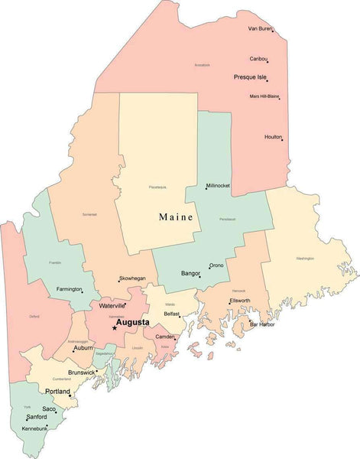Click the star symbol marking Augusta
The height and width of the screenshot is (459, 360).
(115, 328)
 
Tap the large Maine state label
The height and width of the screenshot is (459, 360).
(176, 217)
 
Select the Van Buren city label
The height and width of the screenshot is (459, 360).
(260, 28)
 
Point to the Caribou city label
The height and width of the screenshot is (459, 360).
(258, 58)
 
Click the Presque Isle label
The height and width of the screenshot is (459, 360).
(250, 77)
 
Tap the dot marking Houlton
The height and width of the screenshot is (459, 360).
(282, 139)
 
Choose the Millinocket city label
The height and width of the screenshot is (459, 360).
(222, 186)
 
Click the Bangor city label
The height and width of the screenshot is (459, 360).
(190, 272)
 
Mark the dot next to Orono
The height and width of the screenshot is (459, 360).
(209, 269)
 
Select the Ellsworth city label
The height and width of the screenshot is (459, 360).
(240, 301)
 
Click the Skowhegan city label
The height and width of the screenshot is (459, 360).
(131, 279)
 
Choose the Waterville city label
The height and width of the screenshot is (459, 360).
(112, 305)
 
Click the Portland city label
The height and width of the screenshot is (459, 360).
(57, 392)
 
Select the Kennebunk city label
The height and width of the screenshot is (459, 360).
(36, 429)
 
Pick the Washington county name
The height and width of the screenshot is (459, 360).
(305, 259)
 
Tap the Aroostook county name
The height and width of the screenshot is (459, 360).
(202, 65)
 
